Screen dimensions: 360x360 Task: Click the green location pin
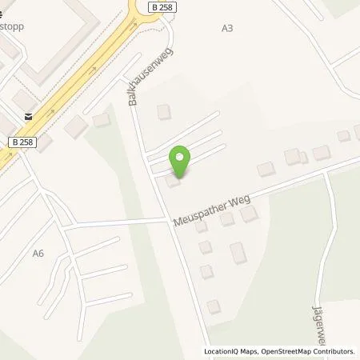click(x=182, y=162)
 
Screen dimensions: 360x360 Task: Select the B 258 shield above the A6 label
click(x=24, y=142)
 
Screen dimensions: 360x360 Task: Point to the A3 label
click(x=227, y=28)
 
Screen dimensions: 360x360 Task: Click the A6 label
click(x=38, y=253)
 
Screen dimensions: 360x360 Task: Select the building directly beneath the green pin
click(x=173, y=183)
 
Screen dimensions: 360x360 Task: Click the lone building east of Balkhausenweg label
click(x=164, y=112)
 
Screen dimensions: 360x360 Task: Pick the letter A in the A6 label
click(x=35, y=253)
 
